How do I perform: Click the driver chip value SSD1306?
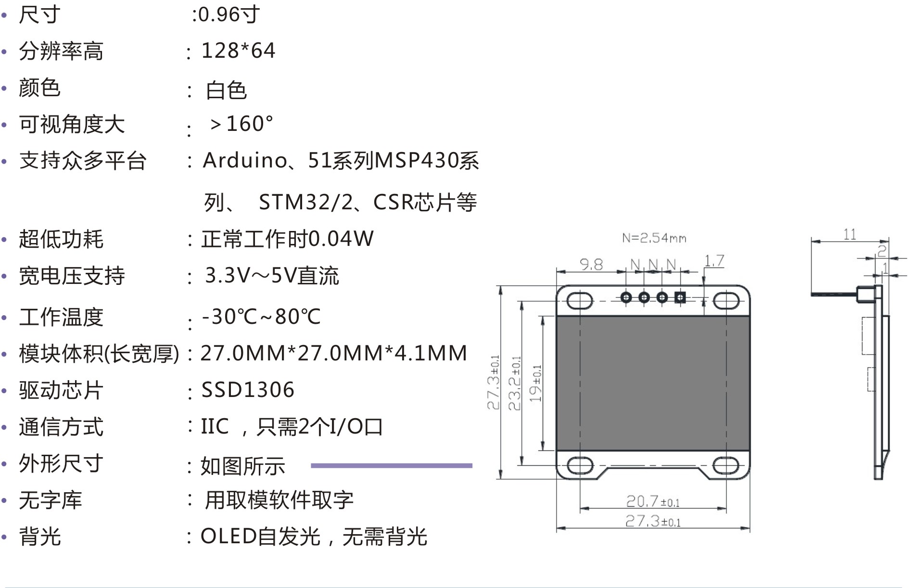[x=247, y=390]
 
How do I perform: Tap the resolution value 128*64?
[x=238, y=51]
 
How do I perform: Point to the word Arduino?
[x=245, y=160]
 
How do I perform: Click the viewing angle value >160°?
[x=241, y=124]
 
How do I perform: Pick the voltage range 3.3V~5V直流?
[x=272, y=276]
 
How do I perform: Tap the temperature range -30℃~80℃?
[x=261, y=317]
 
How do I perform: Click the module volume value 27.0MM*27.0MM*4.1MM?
[x=333, y=353]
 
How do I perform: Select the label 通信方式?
[x=61, y=427]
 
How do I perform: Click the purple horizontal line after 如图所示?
[x=392, y=465]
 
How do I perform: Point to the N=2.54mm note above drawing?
[x=654, y=238]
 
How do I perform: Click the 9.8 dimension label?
[x=591, y=264]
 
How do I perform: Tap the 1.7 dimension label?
[x=714, y=261]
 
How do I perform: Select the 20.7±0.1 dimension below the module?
[x=653, y=502]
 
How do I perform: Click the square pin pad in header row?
[x=680, y=297]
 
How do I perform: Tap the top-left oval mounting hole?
[x=579, y=301]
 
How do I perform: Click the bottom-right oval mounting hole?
[x=725, y=465]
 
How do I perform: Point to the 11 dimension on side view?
[x=850, y=234]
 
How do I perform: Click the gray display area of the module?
[x=653, y=383]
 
